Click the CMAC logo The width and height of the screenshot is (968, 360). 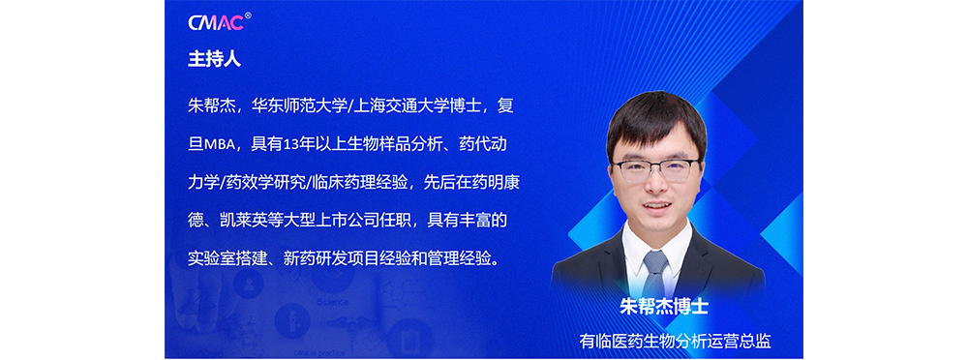pyautogui.click(x=216, y=23)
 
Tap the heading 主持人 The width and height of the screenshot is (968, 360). pyautogui.click(x=214, y=59)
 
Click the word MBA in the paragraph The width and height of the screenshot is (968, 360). pyautogui.click(x=219, y=146)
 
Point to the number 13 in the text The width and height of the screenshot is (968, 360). pyautogui.click(x=288, y=145)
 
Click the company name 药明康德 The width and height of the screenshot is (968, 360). pyautogui.click(x=488, y=184)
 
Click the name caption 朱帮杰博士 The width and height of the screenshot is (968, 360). pyautogui.click(x=664, y=307)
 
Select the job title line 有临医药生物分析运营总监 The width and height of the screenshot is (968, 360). pyautogui.click(x=676, y=340)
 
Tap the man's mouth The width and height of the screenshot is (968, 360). pyautogui.click(x=656, y=206)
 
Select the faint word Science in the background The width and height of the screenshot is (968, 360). pyautogui.click(x=333, y=303)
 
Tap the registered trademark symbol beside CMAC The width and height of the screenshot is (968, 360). pyautogui.click(x=248, y=15)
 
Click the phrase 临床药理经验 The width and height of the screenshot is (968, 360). pyautogui.click(x=359, y=184)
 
